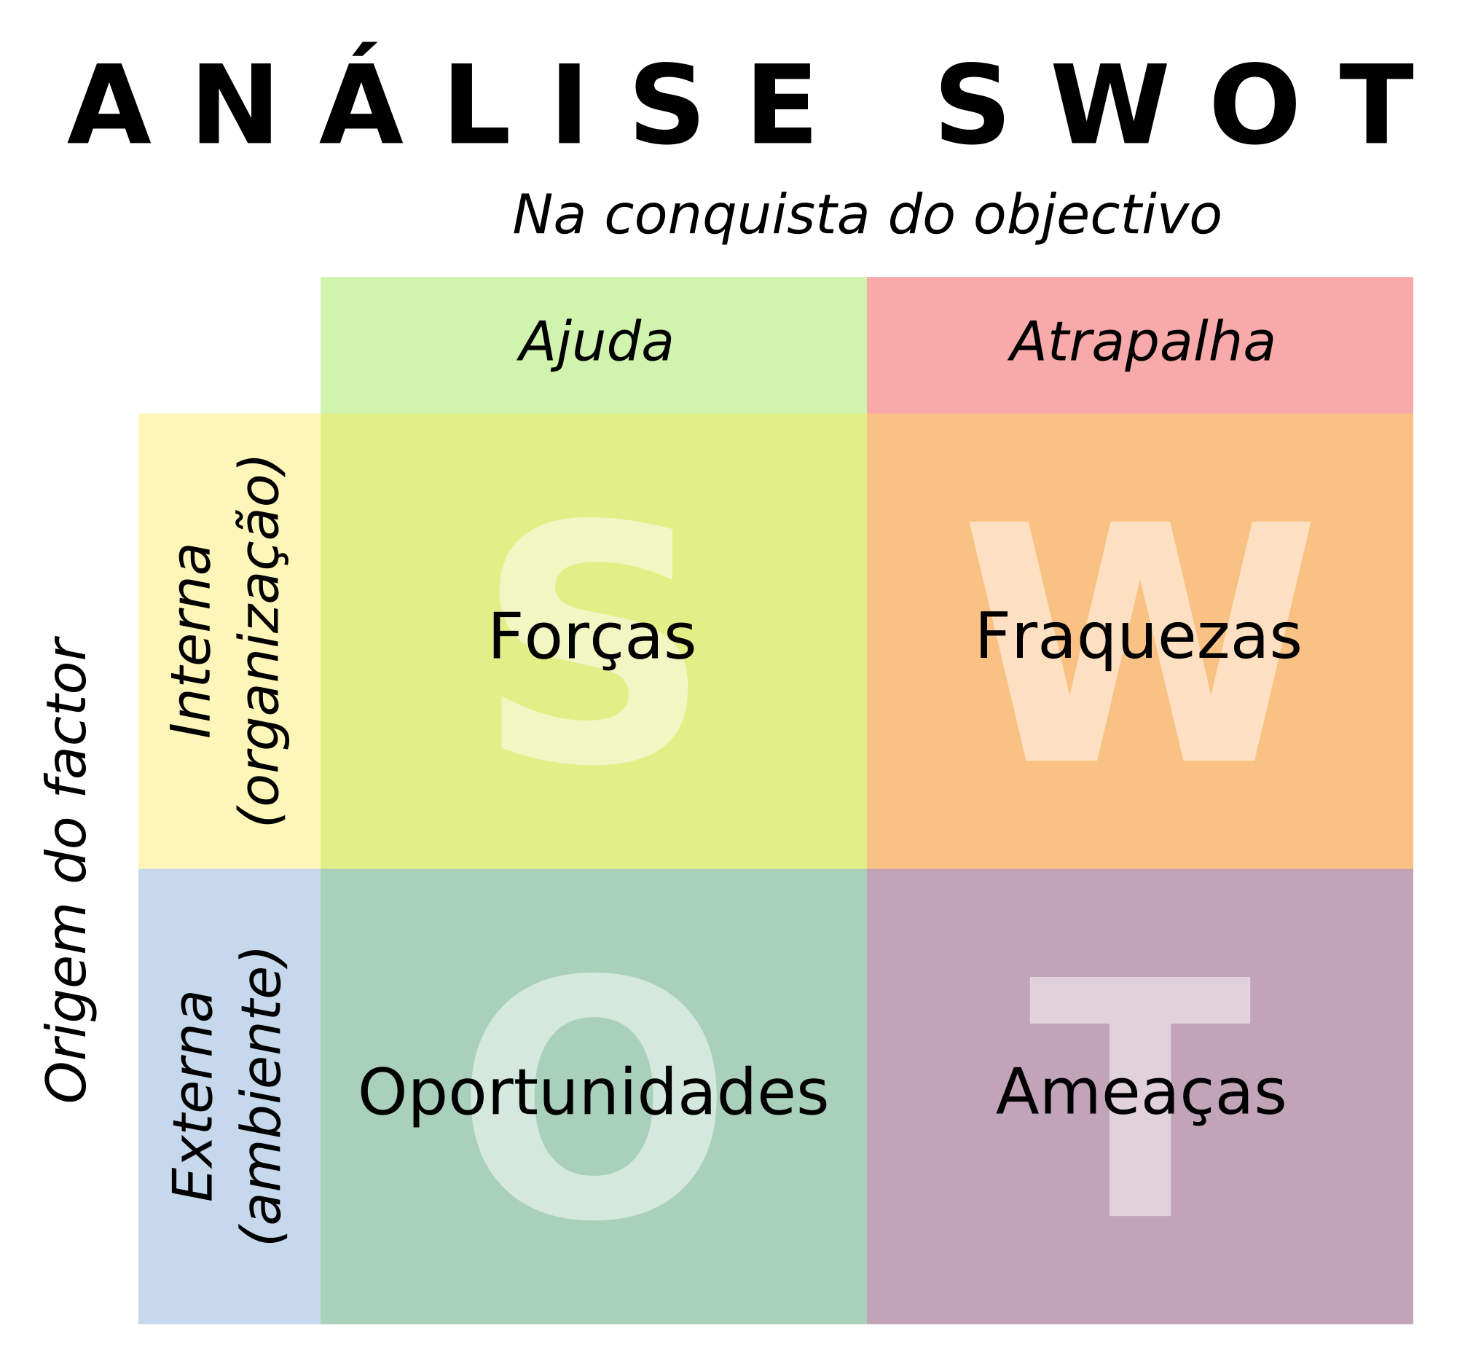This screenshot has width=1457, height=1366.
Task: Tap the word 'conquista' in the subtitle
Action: tap(736, 217)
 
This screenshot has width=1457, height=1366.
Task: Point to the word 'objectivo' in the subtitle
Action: tap(1097, 216)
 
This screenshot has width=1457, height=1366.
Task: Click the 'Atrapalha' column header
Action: tap(1142, 342)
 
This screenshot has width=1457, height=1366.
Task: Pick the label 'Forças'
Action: tap(592, 639)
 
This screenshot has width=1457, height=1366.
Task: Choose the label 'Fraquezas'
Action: tap(1138, 638)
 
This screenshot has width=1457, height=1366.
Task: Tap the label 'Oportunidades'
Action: tap(593, 1094)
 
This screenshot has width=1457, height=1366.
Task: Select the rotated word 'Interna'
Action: tap(192, 641)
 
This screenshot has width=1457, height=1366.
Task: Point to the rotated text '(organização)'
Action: tap(259, 640)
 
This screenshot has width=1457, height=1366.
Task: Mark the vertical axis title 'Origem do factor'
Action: tap(68, 869)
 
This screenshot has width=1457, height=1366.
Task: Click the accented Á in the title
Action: tap(362, 95)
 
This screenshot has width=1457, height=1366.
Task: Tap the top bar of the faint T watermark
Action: tap(1139, 1000)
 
